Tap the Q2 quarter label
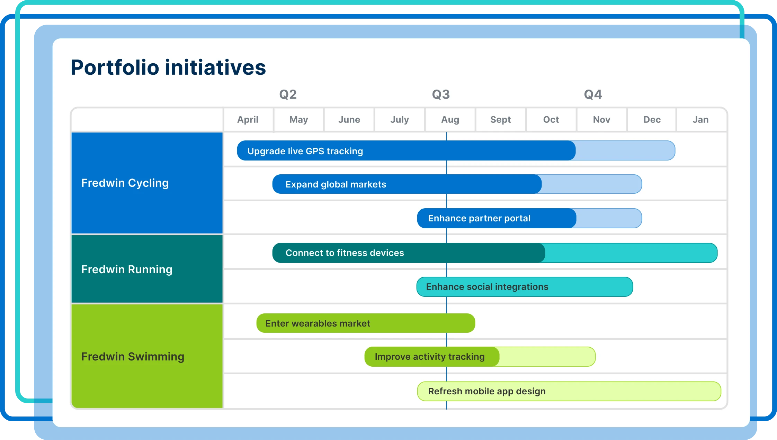pos(288,94)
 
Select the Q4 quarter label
pos(593,94)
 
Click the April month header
pos(248,120)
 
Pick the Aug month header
pos(450,120)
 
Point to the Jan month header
pos(700,120)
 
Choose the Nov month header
pos(601,120)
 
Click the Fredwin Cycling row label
pos(125,183)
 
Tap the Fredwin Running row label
pos(127,269)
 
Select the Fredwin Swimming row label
pos(133,357)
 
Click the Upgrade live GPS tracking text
pos(305,151)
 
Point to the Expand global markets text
pos(336,184)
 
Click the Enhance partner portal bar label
pos(479,218)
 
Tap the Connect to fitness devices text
pos(345,253)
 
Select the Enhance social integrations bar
pos(524,287)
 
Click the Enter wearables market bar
pos(365,323)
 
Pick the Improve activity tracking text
pos(429,357)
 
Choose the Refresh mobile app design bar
pos(569,391)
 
